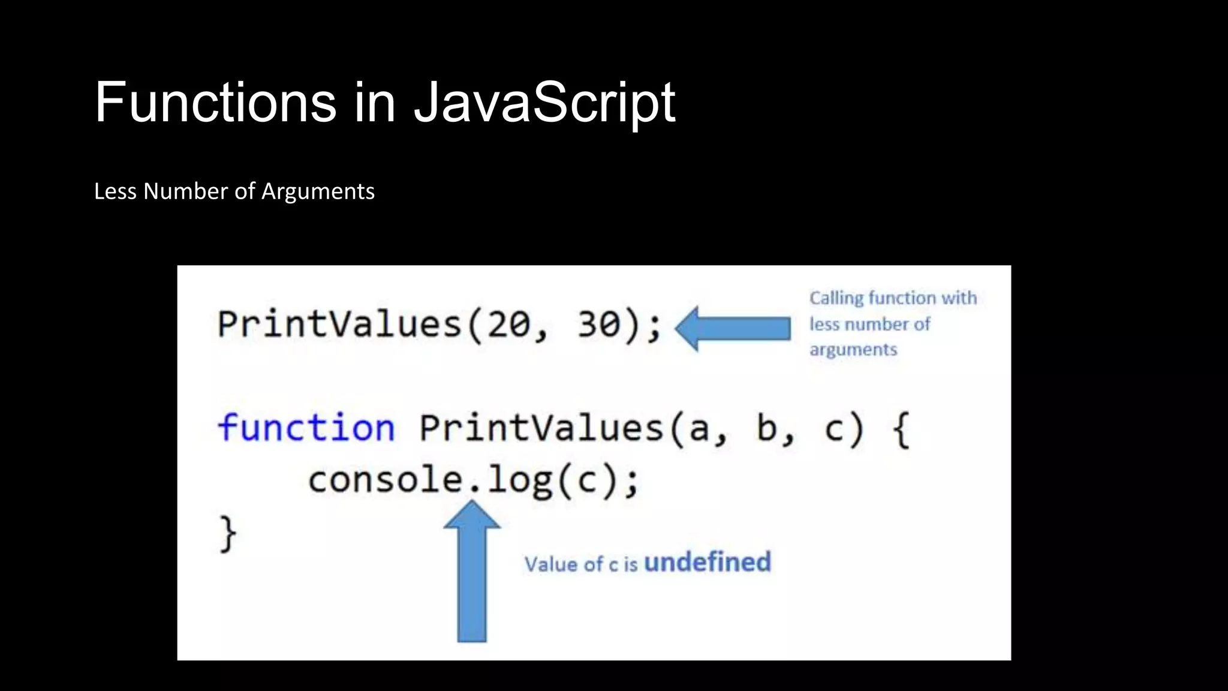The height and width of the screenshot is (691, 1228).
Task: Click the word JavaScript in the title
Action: (544, 103)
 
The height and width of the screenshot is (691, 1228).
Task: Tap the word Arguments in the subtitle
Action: (318, 192)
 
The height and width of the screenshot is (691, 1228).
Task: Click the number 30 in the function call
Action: (599, 325)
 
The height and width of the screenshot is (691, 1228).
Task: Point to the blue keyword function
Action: (306, 428)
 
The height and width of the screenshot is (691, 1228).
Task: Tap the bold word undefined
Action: (708, 563)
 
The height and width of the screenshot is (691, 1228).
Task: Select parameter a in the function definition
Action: (699, 429)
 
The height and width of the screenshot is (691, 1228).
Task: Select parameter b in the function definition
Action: (767, 428)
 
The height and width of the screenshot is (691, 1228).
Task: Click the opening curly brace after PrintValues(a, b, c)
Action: (901, 429)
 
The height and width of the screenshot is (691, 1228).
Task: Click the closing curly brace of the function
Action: (228, 533)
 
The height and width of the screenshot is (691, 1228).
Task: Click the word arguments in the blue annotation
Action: (853, 350)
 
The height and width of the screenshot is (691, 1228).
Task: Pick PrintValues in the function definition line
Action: (541, 428)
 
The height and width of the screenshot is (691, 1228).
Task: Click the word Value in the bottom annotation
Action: (551, 564)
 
